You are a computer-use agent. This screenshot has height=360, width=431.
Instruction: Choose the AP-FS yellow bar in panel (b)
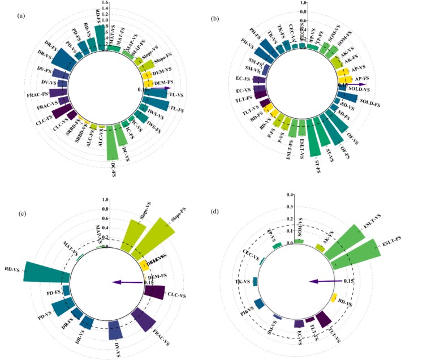[x=346, y=79]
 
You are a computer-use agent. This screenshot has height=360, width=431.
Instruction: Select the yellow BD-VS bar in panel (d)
[x=334, y=298]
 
